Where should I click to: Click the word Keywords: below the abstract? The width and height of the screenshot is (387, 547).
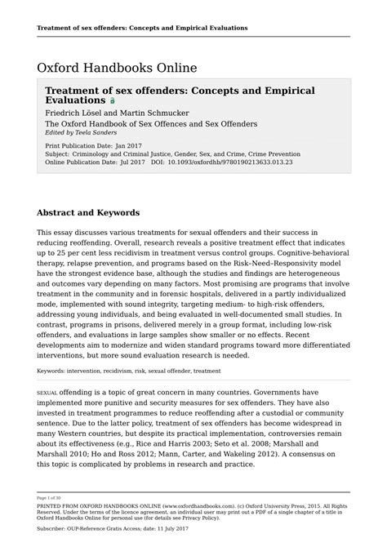(x=51, y=371)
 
